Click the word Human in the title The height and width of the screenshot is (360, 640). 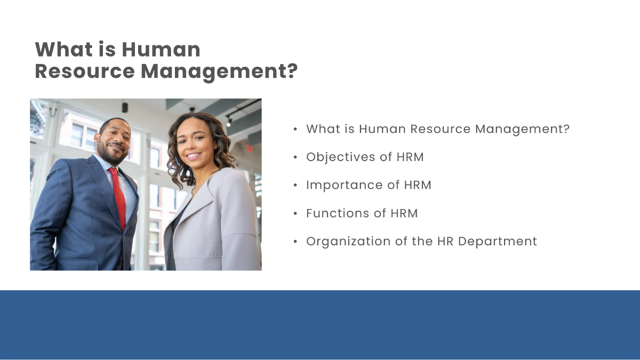click(161, 50)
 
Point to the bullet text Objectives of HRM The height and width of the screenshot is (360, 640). click(365, 157)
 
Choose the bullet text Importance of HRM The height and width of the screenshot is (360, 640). click(369, 185)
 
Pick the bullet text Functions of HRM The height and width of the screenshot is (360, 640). click(362, 213)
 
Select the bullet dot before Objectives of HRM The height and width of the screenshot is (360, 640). click(295, 158)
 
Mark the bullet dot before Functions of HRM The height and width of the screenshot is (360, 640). click(295, 214)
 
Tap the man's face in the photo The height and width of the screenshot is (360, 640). click(114, 141)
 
